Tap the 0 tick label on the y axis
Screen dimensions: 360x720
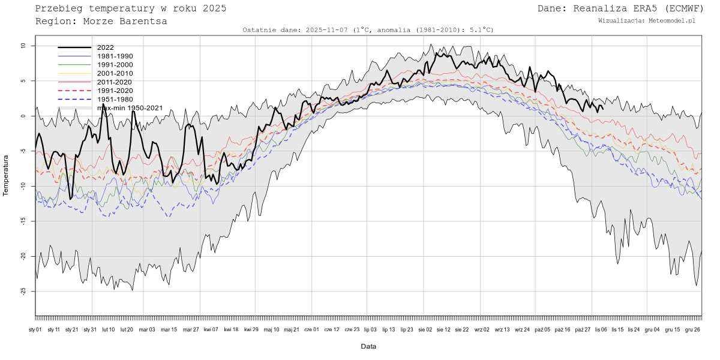coord(23,116)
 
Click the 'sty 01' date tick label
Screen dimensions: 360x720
coord(35,329)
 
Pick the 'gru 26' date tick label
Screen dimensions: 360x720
coord(692,329)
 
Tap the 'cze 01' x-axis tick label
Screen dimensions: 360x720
coord(312,329)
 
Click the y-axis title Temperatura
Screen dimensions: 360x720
coord(6,176)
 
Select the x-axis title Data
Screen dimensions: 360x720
coord(368,347)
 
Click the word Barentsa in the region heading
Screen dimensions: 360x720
coord(145,21)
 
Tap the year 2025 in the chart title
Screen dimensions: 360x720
coord(214,8)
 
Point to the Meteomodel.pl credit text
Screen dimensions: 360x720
coord(674,20)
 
